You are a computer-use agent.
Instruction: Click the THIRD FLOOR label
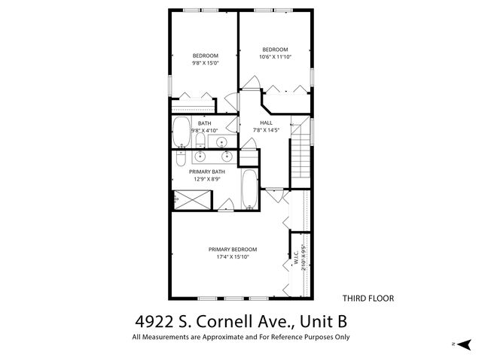point(368,299)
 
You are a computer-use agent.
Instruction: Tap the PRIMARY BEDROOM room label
point(233,250)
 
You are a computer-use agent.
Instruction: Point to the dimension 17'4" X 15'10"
point(233,257)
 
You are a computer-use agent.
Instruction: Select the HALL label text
point(266,123)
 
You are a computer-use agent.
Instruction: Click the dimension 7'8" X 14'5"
point(266,130)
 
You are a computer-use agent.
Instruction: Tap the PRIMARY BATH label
point(207,171)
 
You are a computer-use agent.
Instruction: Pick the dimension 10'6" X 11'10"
point(274,57)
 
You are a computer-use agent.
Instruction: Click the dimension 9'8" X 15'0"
point(205,63)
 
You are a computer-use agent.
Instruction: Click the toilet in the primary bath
point(181,160)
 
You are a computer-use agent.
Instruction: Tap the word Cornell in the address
point(221,321)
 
